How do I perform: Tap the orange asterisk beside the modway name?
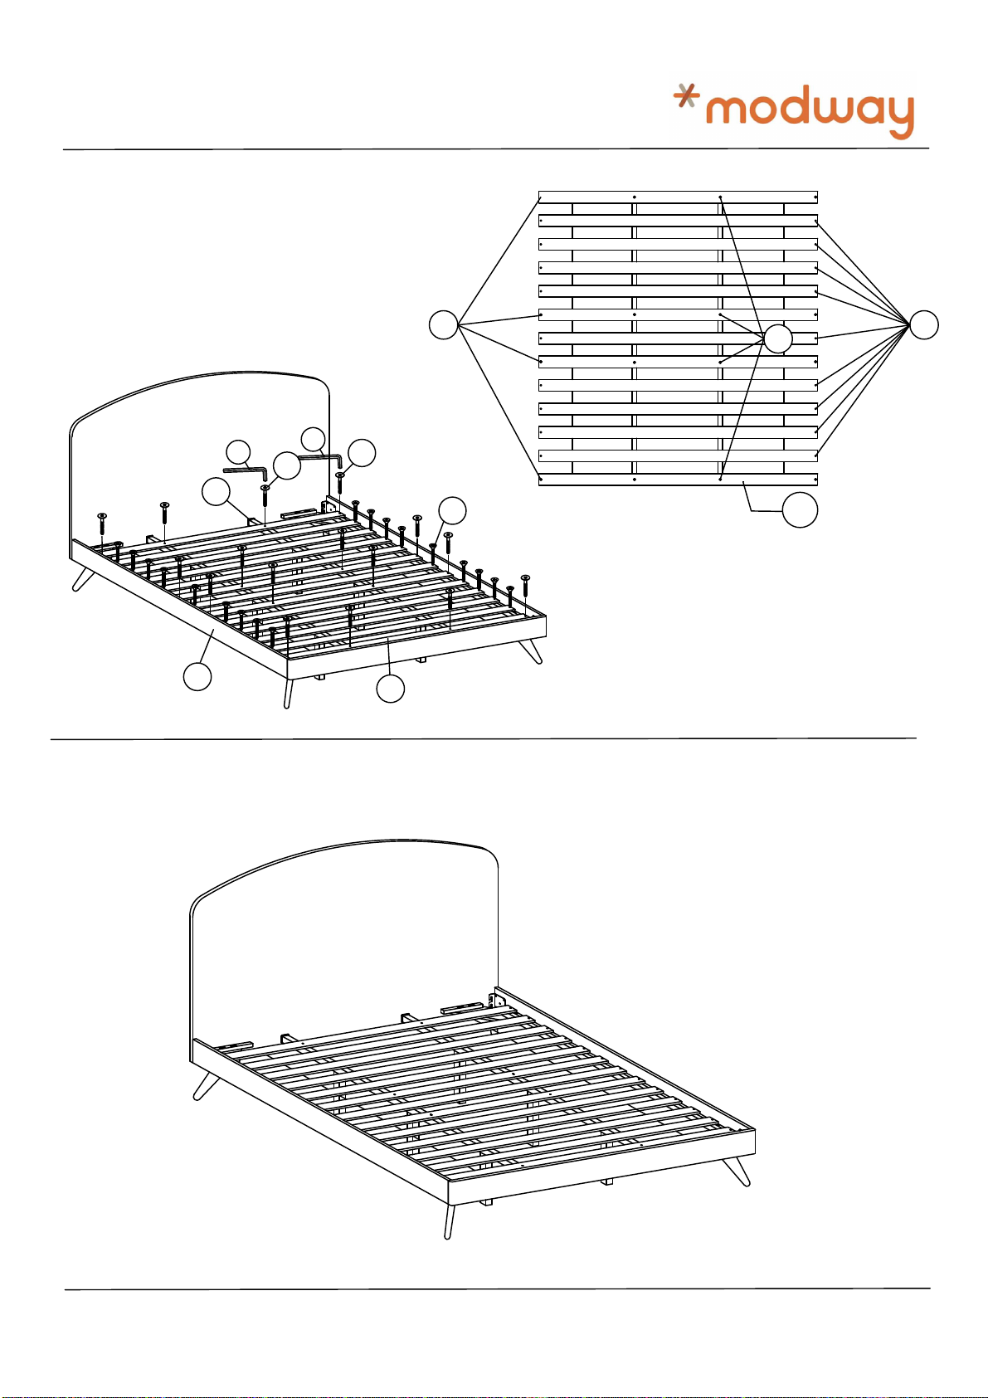pyautogui.click(x=686, y=97)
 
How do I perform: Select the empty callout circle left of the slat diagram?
pyautogui.click(x=444, y=324)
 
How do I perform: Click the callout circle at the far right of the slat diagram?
pyautogui.click(x=924, y=325)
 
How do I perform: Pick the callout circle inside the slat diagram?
pyautogui.click(x=777, y=339)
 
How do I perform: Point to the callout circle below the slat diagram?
pyautogui.click(x=800, y=510)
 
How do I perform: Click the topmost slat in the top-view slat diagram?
pyautogui.click(x=678, y=197)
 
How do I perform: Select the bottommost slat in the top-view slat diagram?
pyautogui.click(x=678, y=480)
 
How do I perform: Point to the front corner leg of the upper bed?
pyautogui.click(x=288, y=694)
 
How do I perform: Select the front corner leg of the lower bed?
pyautogui.click(x=450, y=1221)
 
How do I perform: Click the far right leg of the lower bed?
pyautogui.click(x=738, y=1171)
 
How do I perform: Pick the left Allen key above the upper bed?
pyautogui.click(x=246, y=472)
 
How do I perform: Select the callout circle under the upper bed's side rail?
pyautogui.click(x=197, y=677)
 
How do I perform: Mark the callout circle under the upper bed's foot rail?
pyautogui.click(x=390, y=689)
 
